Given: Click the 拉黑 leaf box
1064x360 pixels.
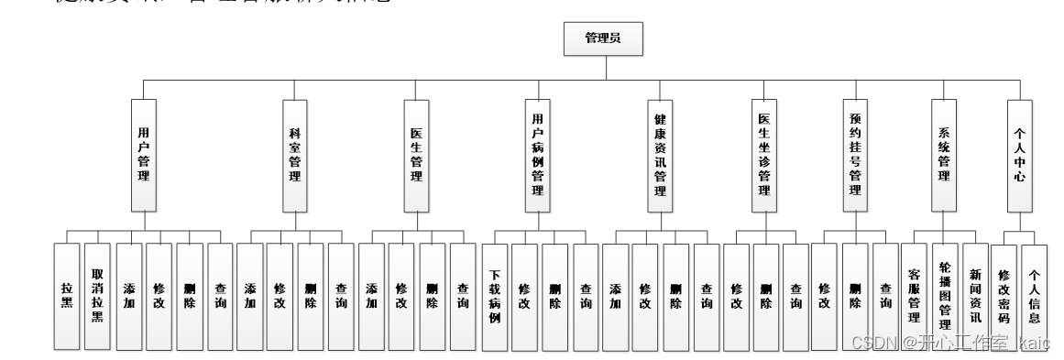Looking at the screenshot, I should pos(66,296).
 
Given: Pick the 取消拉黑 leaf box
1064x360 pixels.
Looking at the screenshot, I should pos(97,296).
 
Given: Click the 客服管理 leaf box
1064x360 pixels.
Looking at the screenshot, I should pos(914,296).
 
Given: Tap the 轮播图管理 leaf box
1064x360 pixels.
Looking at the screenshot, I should pos(946,296).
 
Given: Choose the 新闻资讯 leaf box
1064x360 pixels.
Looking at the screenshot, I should pos(976,296).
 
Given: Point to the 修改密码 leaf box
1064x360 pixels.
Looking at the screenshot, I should pos(1004,296).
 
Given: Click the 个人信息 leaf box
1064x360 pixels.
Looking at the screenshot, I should pos(1035,296).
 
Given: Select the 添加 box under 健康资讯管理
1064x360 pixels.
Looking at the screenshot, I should pos(615,296).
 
